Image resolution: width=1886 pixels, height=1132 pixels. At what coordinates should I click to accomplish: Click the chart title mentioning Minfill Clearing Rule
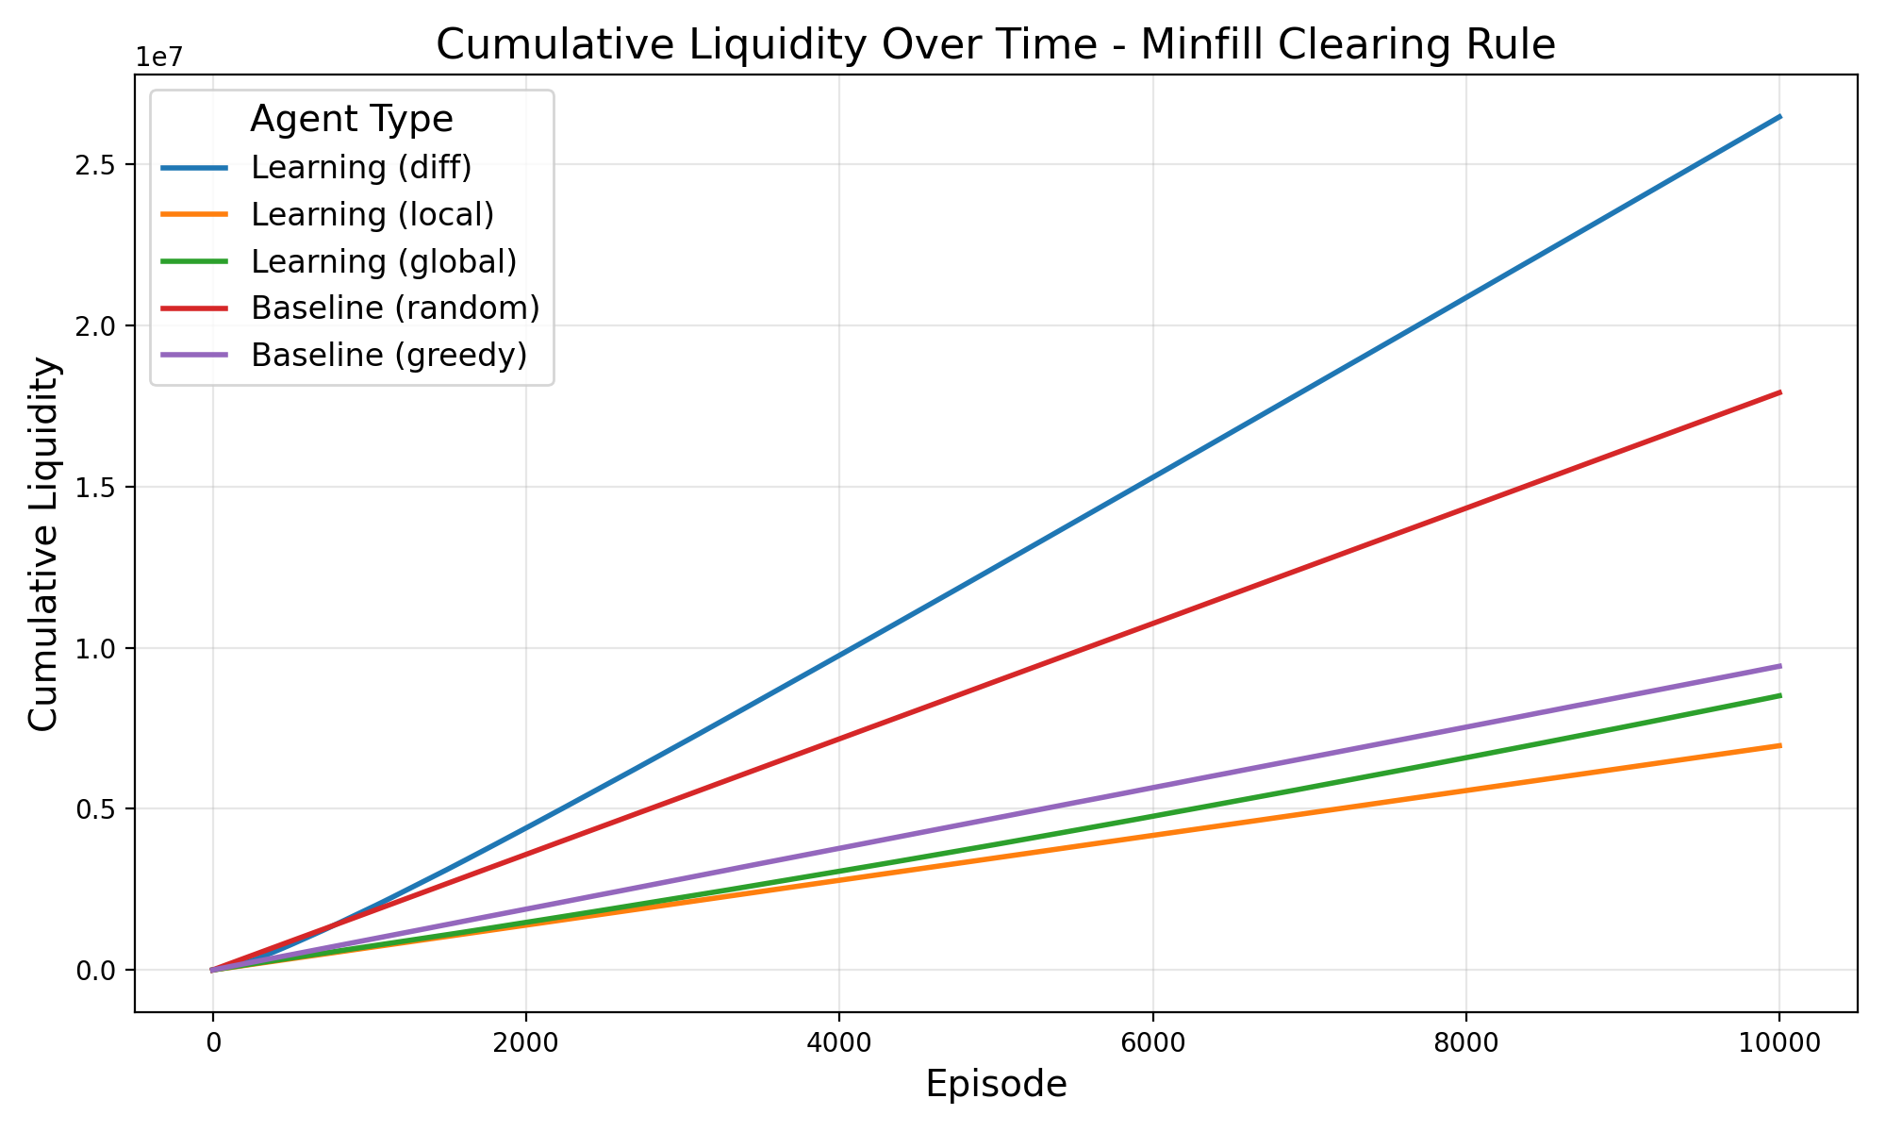(995, 45)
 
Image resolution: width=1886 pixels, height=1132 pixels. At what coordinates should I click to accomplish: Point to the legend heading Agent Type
(351, 120)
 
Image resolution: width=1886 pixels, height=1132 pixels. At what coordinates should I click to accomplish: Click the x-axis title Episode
(996, 1085)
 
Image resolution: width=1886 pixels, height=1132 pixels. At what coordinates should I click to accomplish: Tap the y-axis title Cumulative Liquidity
(43, 544)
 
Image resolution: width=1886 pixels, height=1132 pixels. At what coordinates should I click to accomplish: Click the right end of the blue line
(1779, 116)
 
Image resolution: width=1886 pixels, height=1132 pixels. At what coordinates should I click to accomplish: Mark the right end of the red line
(1779, 391)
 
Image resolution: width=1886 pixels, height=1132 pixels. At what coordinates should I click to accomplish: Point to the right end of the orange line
(1779, 745)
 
